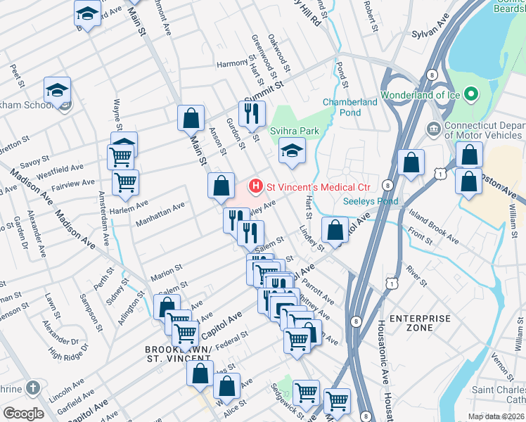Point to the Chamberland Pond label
350,107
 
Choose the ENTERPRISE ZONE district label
421,324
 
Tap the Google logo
23,414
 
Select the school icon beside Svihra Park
292,151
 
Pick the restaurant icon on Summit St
251,113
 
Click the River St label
416,277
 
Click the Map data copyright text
496,416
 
